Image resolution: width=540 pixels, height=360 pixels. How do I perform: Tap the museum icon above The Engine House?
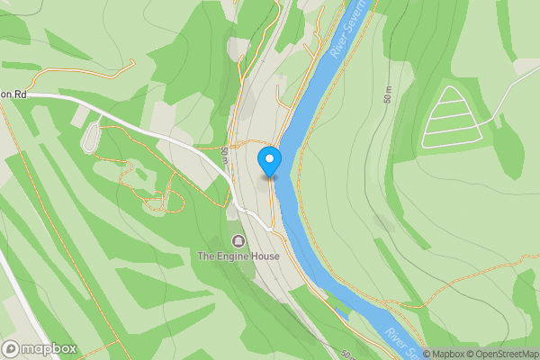pyautogui.click(x=238, y=241)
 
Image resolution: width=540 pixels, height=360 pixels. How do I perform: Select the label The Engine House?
pyautogui.click(x=238, y=256)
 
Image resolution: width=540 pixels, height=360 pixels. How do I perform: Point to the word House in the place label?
pyautogui.click(x=265, y=256)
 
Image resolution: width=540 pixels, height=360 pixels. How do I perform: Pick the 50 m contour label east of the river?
pyautogui.click(x=390, y=94)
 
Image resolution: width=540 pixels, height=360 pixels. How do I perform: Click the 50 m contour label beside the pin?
pyautogui.click(x=223, y=156)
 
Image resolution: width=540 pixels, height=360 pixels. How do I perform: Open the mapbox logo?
pyautogui.click(x=40, y=349)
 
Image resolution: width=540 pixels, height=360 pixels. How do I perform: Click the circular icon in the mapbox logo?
pyautogui.click(x=12, y=349)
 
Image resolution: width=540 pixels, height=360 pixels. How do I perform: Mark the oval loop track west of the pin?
pyautogui.click(x=90, y=138)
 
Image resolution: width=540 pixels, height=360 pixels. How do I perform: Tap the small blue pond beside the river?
pyautogui.click(x=343, y=313)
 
